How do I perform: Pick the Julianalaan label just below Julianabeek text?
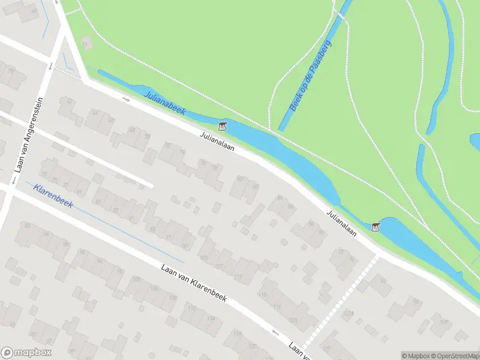pos(217,142)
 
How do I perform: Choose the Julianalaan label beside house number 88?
pos(342,223)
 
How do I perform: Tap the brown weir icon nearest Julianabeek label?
pos(223,127)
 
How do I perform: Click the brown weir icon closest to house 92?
pos(376,227)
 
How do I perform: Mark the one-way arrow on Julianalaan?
pos(126,99)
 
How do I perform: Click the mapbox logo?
pos(26,353)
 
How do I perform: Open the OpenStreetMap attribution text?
pos(458,356)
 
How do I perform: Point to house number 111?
pos(239,275)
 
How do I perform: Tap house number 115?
pos(262,295)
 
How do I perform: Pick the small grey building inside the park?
pos(88,43)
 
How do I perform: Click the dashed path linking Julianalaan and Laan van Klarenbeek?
pos(342,300)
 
